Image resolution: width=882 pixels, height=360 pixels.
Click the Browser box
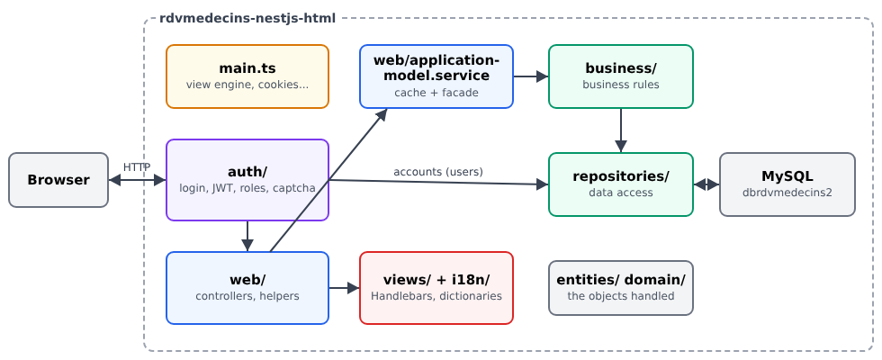[x=58, y=180]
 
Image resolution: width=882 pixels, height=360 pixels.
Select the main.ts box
[x=247, y=76]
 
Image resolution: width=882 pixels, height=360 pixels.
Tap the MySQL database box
[x=787, y=184]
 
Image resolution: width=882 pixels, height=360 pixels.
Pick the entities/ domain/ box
[x=621, y=288]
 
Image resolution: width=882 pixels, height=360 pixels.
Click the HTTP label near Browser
[x=137, y=167]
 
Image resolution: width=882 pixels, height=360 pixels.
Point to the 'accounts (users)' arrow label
[x=438, y=172]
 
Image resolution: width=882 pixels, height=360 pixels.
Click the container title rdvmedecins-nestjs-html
[x=247, y=18]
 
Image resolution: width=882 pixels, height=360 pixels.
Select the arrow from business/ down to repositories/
[x=621, y=130]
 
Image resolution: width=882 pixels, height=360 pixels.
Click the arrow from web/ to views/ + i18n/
[x=344, y=288]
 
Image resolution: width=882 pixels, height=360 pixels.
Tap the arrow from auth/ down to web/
[x=247, y=236]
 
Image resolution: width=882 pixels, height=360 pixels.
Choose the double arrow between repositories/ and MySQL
[x=706, y=184]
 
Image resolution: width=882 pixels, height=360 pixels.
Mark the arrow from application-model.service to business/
[x=531, y=76]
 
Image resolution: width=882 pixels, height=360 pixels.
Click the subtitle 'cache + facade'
[x=436, y=93]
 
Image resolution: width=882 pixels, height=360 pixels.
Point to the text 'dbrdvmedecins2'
[x=787, y=193]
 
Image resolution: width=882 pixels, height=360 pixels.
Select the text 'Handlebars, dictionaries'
[x=436, y=296]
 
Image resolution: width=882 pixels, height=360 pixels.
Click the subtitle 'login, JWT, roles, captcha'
[x=247, y=188]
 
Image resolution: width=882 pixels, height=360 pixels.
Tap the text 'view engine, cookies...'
[x=247, y=85]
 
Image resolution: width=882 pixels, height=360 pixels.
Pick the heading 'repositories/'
[x=621, y=176]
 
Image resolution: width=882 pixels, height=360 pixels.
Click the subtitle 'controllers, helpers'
[x=247, y=296]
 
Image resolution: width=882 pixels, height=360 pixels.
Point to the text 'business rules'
[x=621, y=85]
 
